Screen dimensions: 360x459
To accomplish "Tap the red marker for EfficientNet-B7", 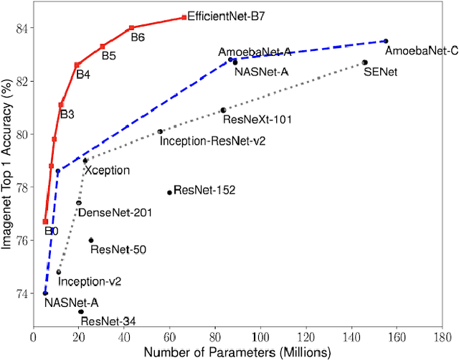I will click(x=184, y=17).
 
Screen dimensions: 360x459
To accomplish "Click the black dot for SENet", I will click(x=364, y=62).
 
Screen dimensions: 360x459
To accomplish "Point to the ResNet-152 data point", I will click(x=169, y=192).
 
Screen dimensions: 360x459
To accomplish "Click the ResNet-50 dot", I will click(x=91, y=240).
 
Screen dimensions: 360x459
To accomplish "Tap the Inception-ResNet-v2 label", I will click(x=212, y=141).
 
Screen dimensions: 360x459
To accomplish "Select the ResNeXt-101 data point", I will click(x=223, y=110).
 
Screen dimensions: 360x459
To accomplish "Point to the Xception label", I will click(x=108, y=171).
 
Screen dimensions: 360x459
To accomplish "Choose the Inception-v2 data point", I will click(x=59, y=272).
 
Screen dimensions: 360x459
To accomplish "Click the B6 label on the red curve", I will click(x=138, y=39).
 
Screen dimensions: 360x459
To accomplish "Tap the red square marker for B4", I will click(x=77, y=65).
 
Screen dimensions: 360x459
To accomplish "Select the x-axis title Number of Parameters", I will click(x=237, y=351).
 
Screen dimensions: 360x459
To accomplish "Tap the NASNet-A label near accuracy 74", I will click(x=71, y=303).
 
